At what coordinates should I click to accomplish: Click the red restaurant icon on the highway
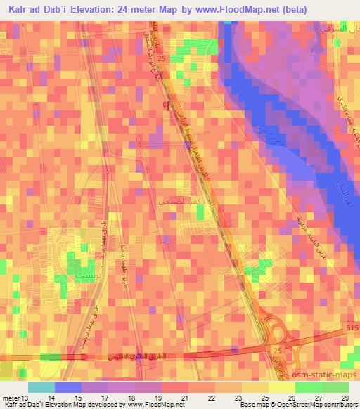click(x=166, y=105)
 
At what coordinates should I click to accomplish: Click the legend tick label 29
click(x=345, y=397)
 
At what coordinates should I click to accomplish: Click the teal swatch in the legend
click(x=41, y=387)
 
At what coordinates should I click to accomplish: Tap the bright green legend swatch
click(x=309, y=387)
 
